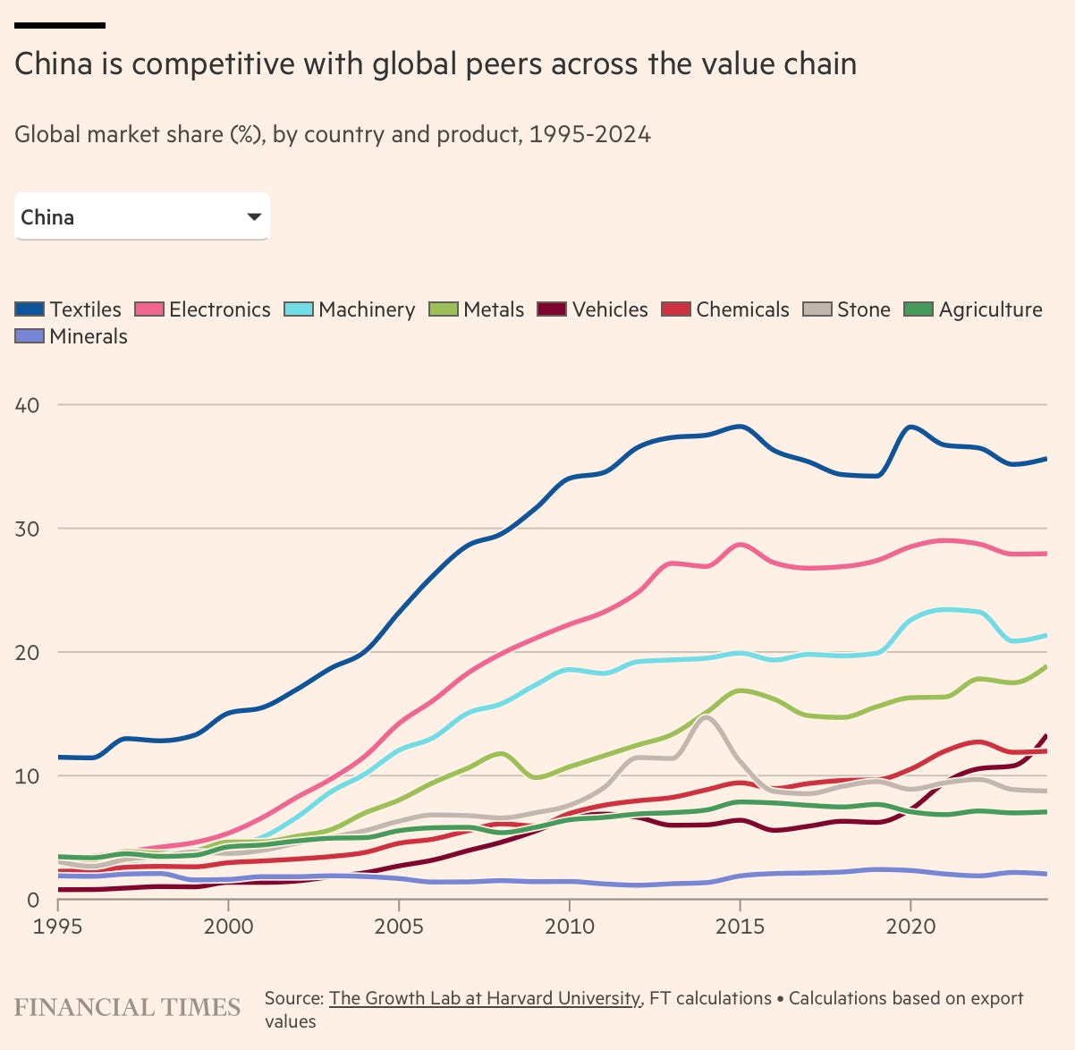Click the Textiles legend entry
(69, 309)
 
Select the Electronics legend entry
(203, 309)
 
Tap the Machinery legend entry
(350, 309)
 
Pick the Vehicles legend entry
(593, 309)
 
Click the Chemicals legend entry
(725, 309)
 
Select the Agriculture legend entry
(974, 309)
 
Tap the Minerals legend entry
(72, 336)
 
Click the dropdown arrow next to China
(254, 216)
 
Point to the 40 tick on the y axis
(28, 405)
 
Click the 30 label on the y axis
(28, 529)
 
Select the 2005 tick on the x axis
(399, 926)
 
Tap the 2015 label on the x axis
(740, 926)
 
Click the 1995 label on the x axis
(58, 926)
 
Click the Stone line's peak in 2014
(707, 717)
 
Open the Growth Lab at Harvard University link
(485, 998)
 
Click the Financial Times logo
(127, 1007)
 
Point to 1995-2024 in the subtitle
(589, 135)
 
